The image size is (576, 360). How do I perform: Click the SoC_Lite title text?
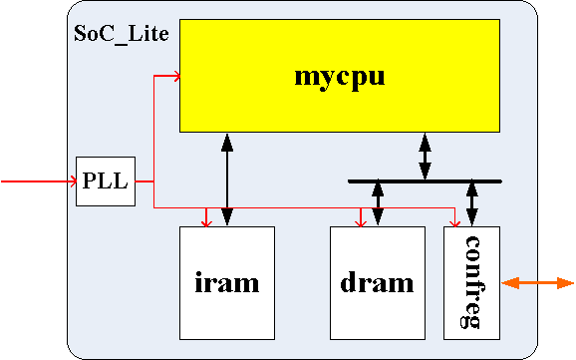coord(122,33)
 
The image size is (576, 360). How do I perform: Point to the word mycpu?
coord(341,76)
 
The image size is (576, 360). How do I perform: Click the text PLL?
coord(106,181)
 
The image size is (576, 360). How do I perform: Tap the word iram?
coord(226,283)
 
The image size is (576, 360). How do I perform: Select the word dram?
coord(377,283)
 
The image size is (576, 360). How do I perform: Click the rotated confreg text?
coord(472,282)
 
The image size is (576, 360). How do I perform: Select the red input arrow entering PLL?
coord(40,181)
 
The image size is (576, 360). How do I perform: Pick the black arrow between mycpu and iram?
coord(227,180)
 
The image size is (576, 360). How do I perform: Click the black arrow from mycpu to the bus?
coord(426,156)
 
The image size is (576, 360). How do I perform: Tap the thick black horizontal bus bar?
coord(425,181)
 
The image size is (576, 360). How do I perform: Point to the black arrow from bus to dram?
coord(377,204)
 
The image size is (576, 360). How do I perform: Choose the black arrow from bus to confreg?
coord(471,204)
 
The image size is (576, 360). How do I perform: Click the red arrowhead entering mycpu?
coord(174,75)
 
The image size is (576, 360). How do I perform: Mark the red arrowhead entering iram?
coord(206,221)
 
